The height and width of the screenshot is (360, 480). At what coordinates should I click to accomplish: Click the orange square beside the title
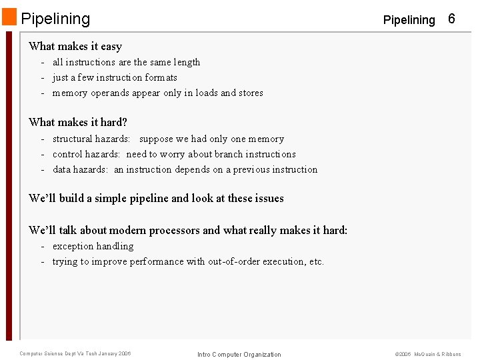click(x=9, y=17)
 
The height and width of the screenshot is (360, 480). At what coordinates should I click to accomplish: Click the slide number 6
click(x=451, y=19)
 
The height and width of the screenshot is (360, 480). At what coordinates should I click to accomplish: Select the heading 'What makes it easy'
click(x=75, y=46)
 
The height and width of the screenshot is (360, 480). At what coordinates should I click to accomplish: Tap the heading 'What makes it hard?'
click(x=78, y=122)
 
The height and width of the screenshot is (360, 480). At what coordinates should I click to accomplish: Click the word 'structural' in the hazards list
click(x=73, y=139)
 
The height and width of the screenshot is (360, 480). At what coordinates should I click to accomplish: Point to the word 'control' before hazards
click(x=68, y=154)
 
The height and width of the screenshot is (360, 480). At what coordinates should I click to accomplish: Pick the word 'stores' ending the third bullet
click(x=251, y=93)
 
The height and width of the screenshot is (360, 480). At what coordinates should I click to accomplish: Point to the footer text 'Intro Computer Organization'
click(x=239, y=354)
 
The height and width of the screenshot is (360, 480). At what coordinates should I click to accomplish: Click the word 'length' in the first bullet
click(x=187, y=62)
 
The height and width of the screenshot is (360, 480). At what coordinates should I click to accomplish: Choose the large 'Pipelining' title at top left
click(x=55, y=19)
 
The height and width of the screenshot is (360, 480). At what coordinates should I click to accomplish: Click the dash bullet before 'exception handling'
click(x=43, y=246)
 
